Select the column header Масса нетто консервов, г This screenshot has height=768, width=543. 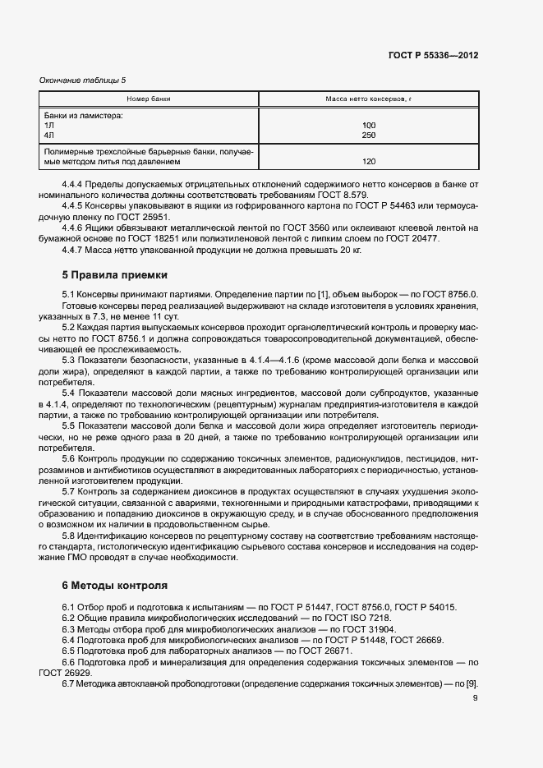point(368,99)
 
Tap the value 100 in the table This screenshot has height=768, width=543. point(368,126)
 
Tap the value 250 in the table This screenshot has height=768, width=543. point(368,135)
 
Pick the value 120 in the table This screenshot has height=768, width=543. point(368,162)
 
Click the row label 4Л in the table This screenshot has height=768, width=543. point(49,135)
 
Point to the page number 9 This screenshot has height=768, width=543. point(475,698)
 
